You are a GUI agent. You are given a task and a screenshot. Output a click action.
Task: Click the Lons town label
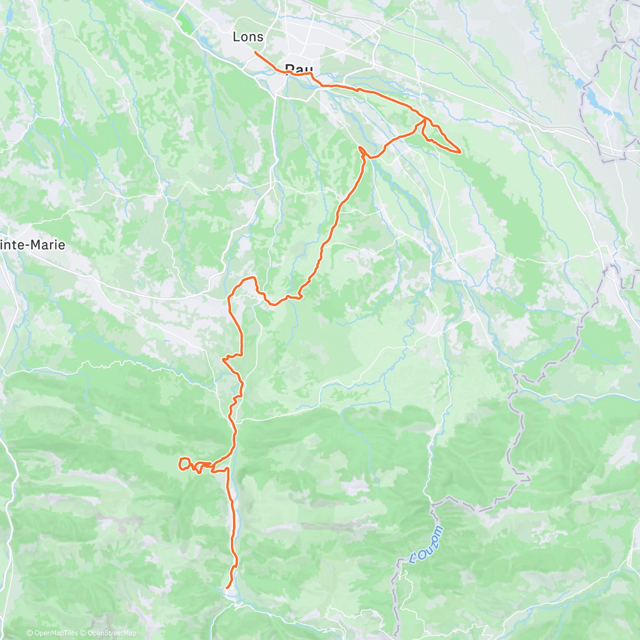click(x=248, y=37)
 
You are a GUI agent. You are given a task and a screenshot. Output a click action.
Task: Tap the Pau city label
click(x=299, y=69)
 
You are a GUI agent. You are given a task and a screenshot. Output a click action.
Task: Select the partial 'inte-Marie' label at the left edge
click(x=33, y=245)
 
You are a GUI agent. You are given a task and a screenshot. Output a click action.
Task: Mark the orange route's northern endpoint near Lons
click(x=255, y=52)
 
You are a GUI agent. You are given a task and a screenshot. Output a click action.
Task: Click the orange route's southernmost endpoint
click(x=227, y=588)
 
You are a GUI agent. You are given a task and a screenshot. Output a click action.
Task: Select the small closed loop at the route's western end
click(x=185, y=464)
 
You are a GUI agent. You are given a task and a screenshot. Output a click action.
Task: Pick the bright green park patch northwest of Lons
click(x=185, y=25)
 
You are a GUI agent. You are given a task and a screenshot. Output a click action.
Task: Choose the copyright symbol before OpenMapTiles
click(x=29, y=633)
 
